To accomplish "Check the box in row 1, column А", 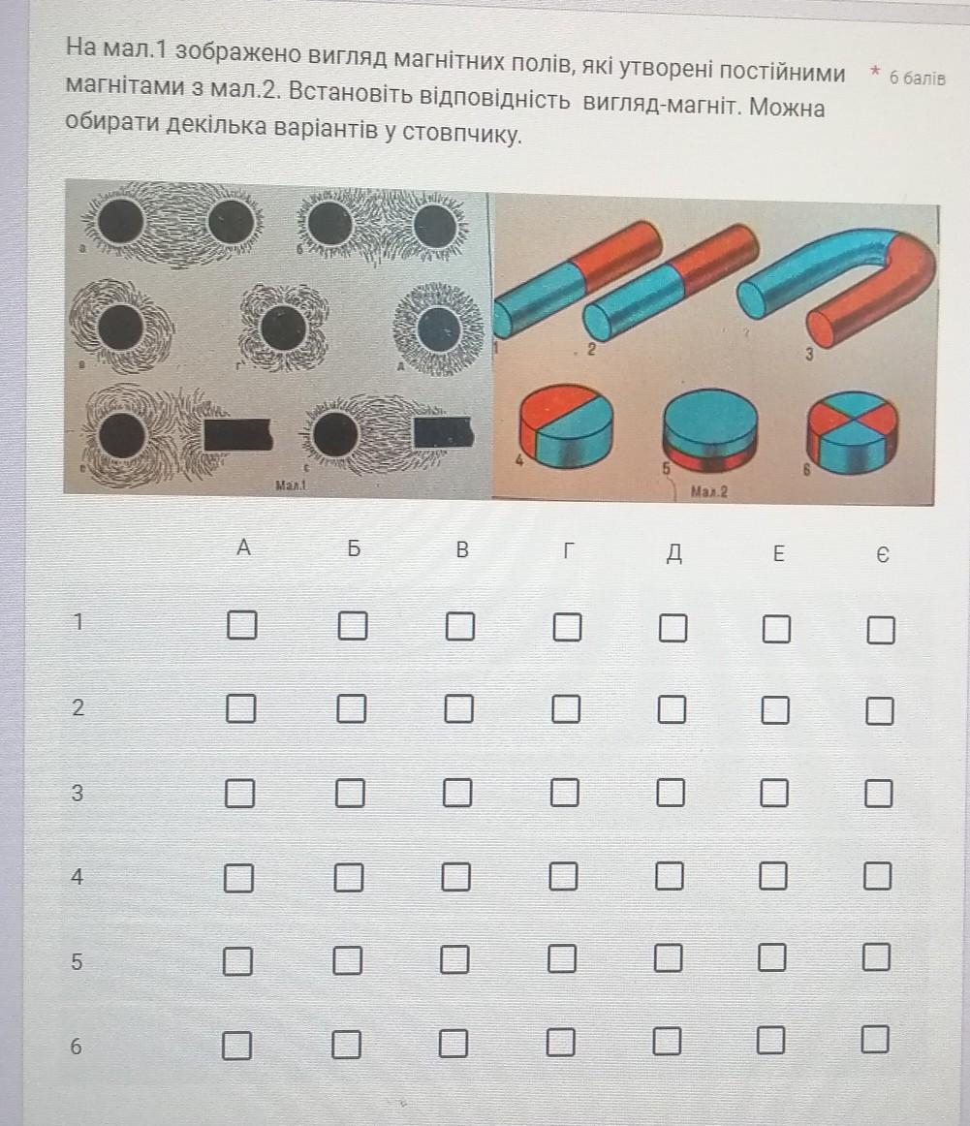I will point(241,626).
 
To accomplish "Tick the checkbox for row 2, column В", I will point(459,710).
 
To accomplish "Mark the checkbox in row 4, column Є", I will point(877,877).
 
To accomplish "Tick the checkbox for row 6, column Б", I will point(347,1045).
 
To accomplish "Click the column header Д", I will point(674,554).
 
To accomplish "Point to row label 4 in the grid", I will point(77,877).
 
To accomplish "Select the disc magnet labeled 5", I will point(710,426).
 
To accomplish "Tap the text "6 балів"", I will point(916,78).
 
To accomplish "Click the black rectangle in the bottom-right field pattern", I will point(441,432).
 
